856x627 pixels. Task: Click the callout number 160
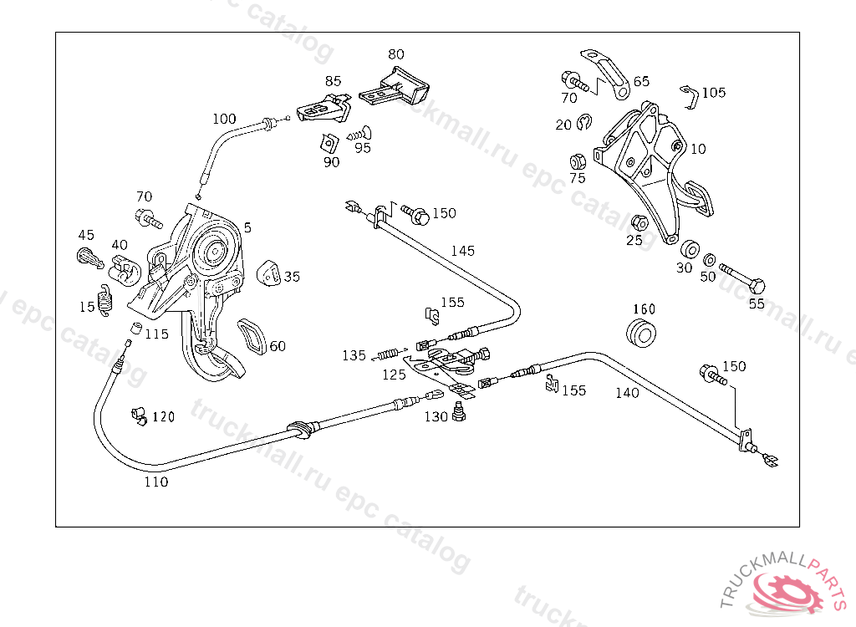[645, 309]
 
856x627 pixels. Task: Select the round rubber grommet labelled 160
[641, 333]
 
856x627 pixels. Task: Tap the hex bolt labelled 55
[742, 278]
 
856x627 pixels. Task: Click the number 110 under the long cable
[156, 482]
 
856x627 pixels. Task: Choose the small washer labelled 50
[710, 260]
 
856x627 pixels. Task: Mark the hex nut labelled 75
[578, 161]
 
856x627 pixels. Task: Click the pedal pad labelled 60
[252, 336]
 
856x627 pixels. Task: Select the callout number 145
[463, 251]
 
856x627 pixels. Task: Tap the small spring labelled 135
[390, 354]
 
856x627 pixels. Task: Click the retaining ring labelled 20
[583, 121]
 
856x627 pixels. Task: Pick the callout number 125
[395, 375]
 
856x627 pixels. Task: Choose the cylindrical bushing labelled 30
[690, 248]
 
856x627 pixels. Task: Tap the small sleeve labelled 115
[135, 329]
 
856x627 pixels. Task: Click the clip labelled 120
[139, 415]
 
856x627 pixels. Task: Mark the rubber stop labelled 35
[268, 273]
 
